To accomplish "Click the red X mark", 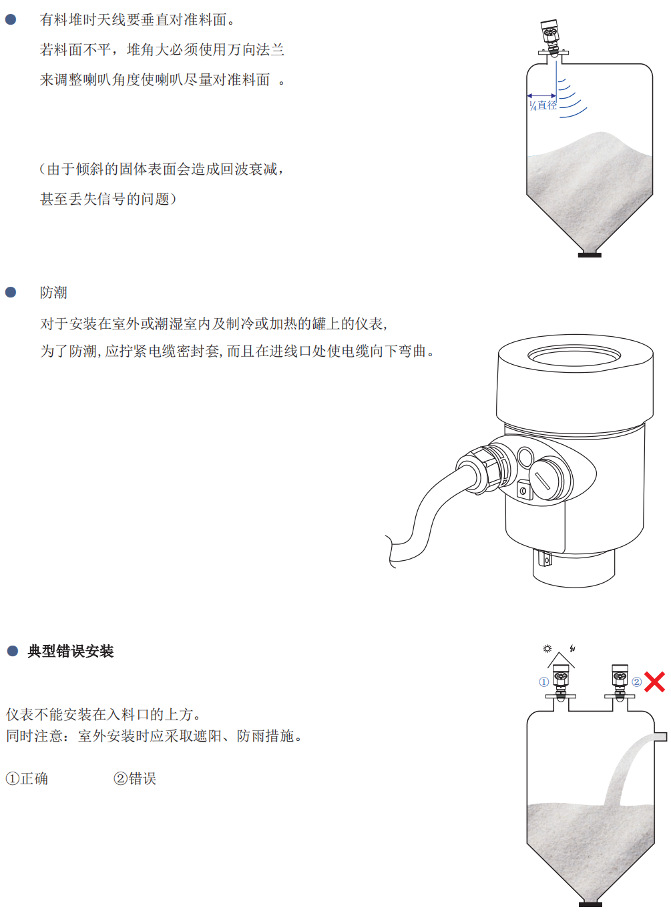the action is click(654, 682).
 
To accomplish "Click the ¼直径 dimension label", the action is click(543, 105).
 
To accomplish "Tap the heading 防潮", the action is click(53, 293).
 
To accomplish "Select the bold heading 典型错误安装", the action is click(70, 651).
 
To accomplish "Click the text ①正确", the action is click(27, 778).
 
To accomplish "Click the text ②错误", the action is click(135, 778).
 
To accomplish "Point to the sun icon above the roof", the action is click(547, 648).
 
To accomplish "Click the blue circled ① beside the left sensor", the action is click(544, 682).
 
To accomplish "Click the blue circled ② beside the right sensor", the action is click(637, 682).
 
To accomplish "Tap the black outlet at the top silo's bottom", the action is click(590, 255).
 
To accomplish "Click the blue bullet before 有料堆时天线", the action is click(11, 19).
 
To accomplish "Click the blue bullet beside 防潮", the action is click(11, 292).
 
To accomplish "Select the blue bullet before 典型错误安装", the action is click(13, 651).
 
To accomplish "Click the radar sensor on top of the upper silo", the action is click(549, 37).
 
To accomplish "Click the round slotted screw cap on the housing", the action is click(546, 478).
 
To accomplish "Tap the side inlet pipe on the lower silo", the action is click(660, 736).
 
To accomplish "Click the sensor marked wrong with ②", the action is click(620, 682).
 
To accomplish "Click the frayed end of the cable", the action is click(391, 552).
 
